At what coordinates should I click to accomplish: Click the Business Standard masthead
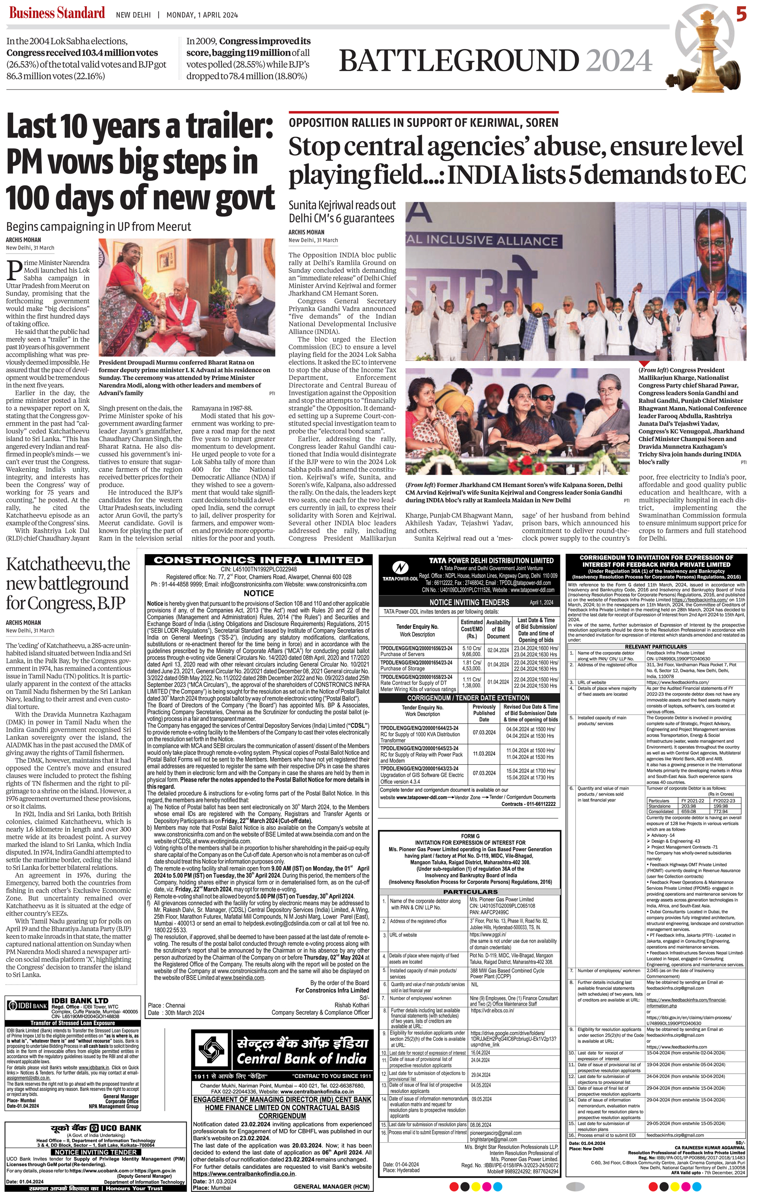tap(57, 13)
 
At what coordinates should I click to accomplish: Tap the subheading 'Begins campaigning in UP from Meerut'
tap(99, 227)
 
